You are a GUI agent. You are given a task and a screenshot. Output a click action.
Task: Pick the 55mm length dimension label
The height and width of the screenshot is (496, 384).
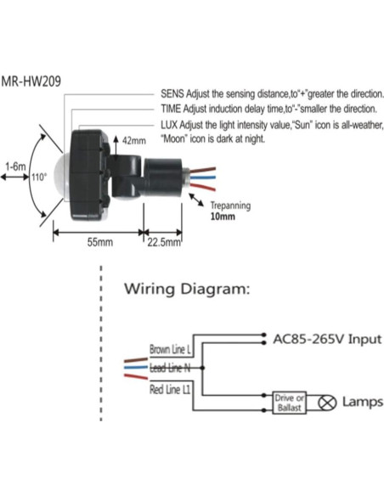pyautogui.click(x=100, y=242)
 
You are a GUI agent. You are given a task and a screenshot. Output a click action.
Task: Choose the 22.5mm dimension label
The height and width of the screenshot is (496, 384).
pyautogui.click(x=164, y=242)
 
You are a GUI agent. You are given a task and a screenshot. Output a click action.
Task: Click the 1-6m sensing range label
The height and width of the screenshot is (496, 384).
pyautogui.click(x=14, y=166)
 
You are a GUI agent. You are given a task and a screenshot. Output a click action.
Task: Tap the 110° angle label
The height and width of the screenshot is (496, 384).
pyautogui.click(x=39, y=178)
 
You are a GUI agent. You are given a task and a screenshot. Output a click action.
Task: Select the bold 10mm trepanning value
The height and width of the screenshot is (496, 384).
pyautogui.click(x=222, y=216)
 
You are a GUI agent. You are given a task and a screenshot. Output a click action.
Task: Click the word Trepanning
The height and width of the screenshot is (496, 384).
pyautogui.click(x=230, y=205)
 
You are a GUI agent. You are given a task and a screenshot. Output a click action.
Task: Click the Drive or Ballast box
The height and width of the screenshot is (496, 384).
pyautogui.click(x=287, y=403)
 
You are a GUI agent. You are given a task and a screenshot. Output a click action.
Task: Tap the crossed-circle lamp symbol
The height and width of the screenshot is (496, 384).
pyautogui.click(x=326, y=403)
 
